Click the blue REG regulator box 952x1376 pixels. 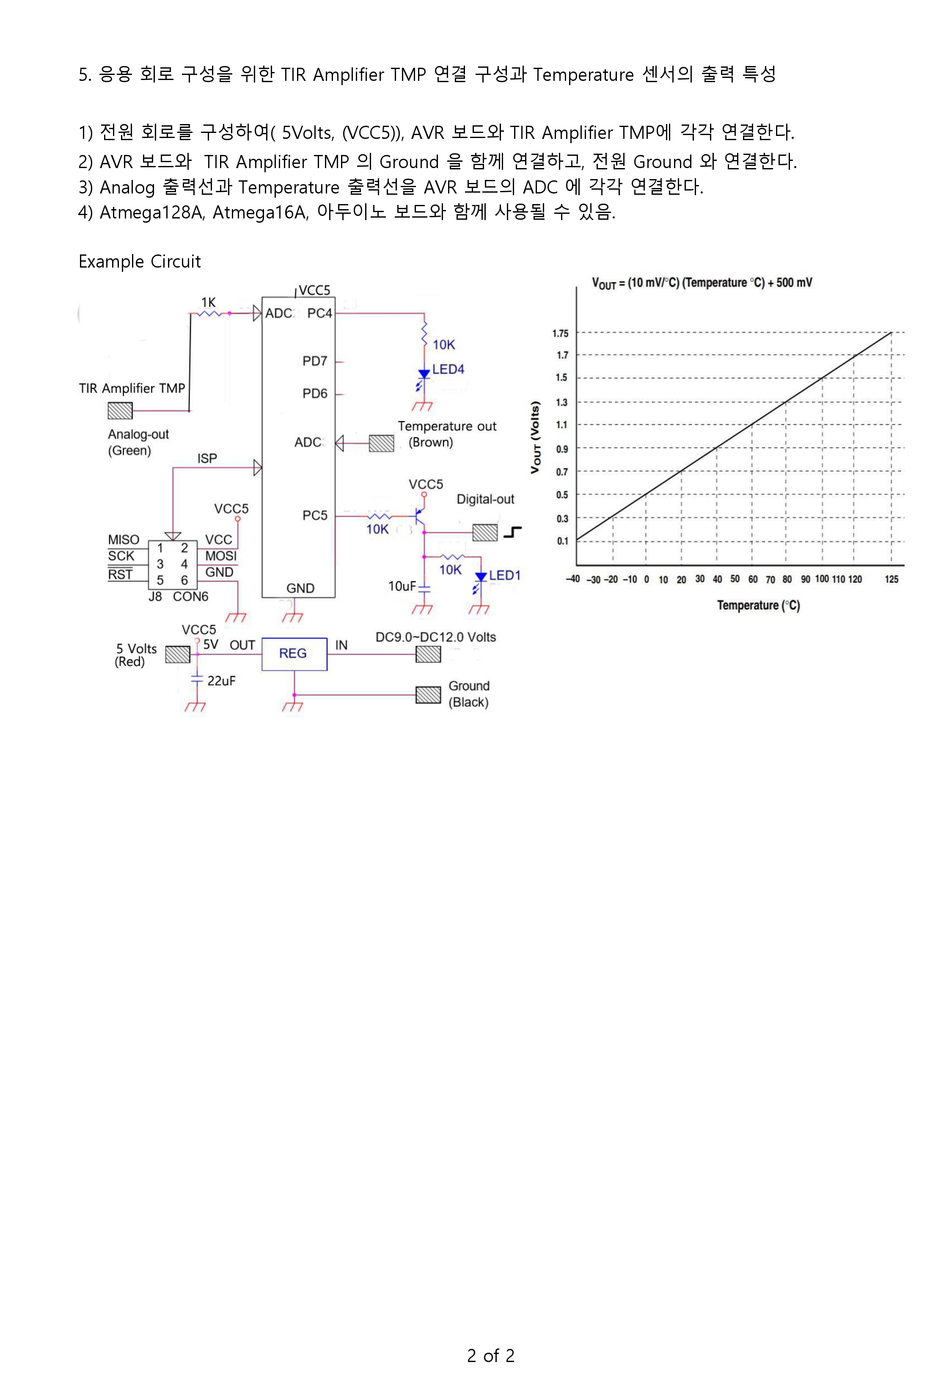294,654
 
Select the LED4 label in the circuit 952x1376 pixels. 448,369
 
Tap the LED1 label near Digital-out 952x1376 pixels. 505,575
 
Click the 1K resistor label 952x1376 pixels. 208,303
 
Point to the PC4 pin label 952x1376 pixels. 320,313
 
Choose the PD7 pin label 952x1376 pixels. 315,361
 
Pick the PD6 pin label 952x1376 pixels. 315,393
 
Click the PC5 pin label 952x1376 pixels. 315,516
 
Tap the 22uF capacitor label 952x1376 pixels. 221,681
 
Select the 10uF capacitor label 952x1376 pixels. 402,586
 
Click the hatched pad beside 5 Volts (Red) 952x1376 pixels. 178,655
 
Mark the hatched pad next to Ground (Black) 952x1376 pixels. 428,695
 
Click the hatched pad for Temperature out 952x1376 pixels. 381,443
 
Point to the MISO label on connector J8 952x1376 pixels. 124,540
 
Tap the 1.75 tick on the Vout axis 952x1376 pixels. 561,334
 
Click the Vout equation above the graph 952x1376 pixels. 702,283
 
